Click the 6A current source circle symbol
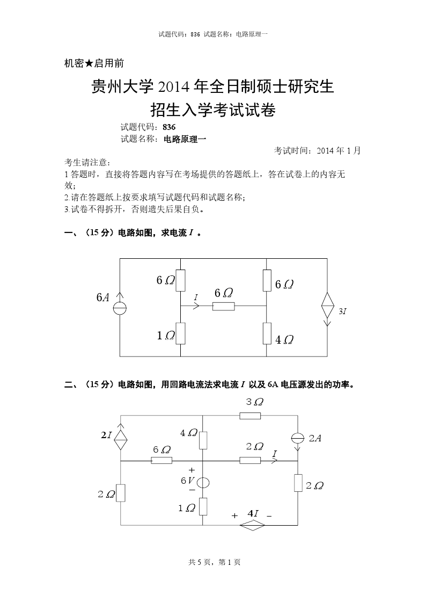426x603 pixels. point(120,308)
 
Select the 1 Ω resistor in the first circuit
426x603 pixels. point(180,333)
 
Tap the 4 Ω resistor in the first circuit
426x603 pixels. point(267,333)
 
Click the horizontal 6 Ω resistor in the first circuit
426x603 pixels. point(223,307)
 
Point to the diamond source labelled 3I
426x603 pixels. point(327,308)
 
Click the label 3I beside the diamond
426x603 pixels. point(342,311)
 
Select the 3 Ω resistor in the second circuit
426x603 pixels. point(250,415)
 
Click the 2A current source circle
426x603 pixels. point(298,438)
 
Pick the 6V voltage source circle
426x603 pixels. point(203,482)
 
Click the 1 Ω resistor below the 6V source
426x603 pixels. point(203,506)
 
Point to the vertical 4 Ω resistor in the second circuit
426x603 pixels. point(203,439)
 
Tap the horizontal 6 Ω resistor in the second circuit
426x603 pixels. point(161,460)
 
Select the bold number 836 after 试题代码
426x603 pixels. point(169,127)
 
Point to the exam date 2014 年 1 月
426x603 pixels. point(339,151)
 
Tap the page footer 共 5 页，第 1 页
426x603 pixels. point(214,562)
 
